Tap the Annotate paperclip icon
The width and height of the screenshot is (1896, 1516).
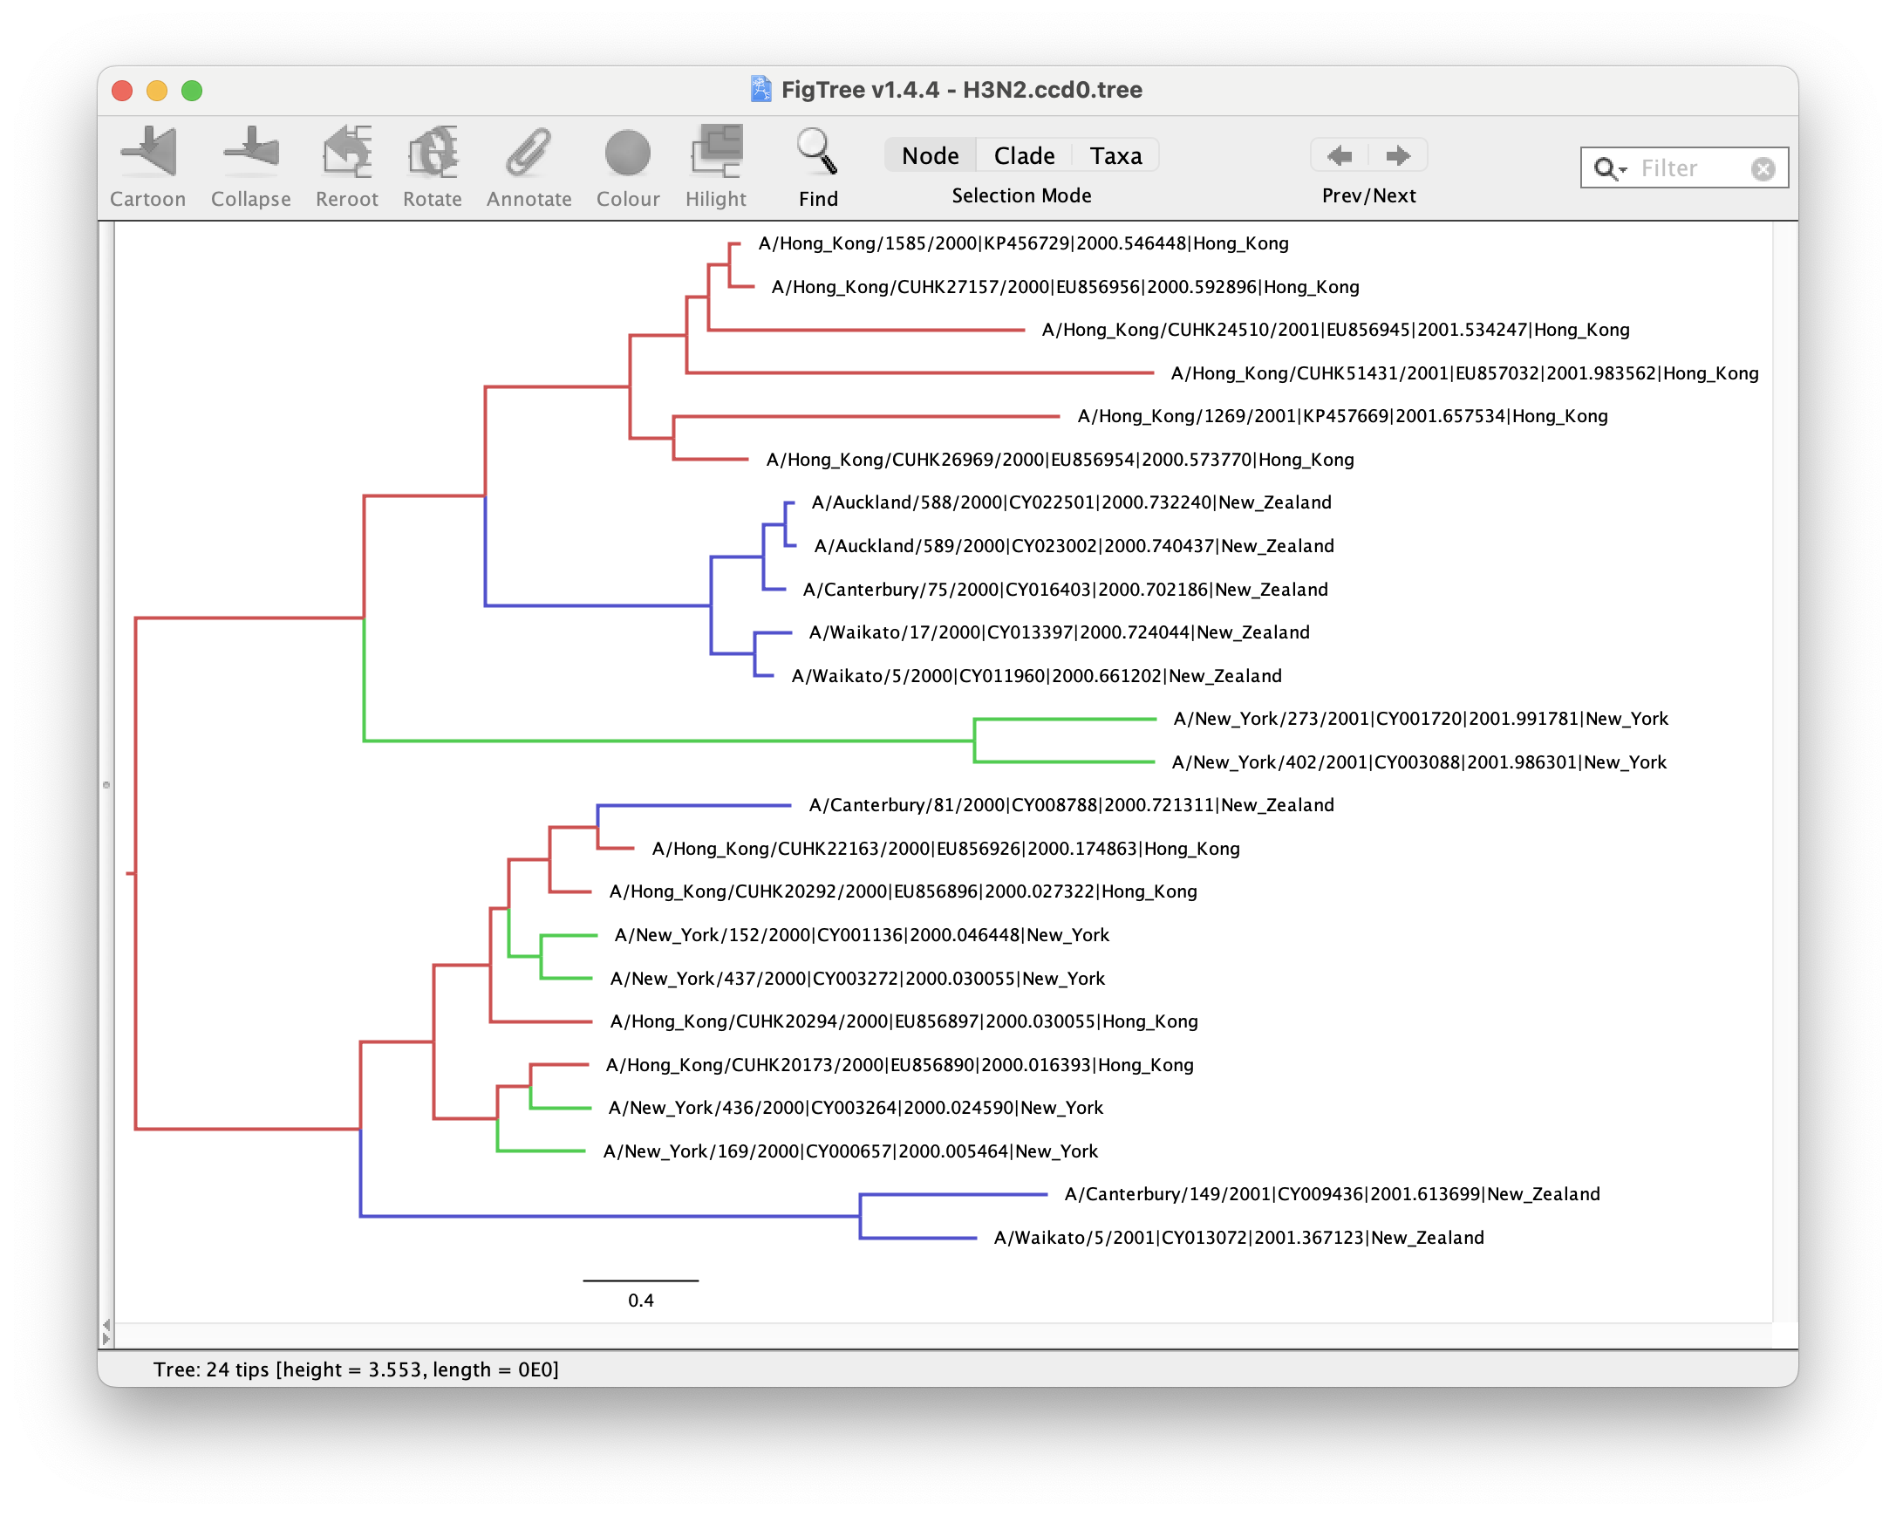[x=529, y=152]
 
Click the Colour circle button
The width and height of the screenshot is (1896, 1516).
[x=628, y=153]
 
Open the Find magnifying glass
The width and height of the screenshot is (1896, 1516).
[x=817, y=151]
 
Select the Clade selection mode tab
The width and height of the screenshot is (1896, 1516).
[x=1024, y=155]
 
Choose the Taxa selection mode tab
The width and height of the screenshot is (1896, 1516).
[x=1116, y=155]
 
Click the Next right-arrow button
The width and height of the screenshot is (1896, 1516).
[x=1397, y=155]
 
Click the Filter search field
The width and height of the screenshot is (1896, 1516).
[x=1684, y=168]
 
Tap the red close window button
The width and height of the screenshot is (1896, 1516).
[x=122, y=91]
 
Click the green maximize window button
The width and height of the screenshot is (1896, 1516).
[x=192, y=91]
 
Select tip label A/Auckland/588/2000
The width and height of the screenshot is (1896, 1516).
[x=1071, y=502]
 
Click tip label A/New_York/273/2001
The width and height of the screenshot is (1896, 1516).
[x=1420, y=719]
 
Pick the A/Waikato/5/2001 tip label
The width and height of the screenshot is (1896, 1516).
[x=1238, y=1237]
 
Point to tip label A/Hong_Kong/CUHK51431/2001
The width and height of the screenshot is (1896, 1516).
[x=1464, y=372]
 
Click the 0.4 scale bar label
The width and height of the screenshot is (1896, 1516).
[x=640, y=1301]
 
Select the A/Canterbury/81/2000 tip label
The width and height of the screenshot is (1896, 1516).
[x=1071, y=804]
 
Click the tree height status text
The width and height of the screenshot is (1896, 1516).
[x=356, y=1369]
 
